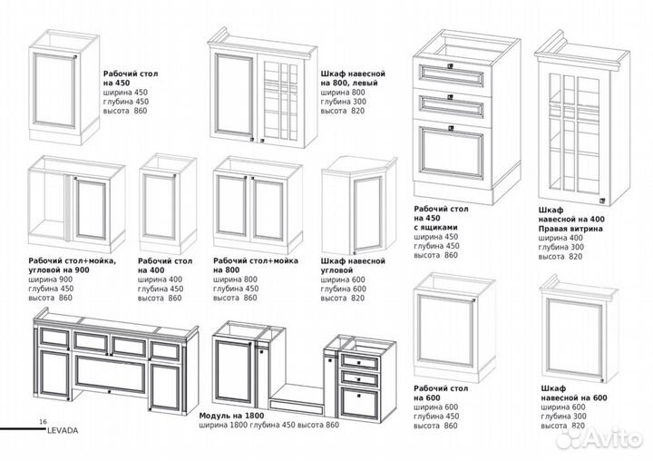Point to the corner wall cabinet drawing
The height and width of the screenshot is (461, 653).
tap(358, 206)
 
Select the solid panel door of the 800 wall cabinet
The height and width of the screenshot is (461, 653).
tap(236, 95)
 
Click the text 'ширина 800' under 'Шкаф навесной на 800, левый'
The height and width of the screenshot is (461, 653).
tap(341, 93)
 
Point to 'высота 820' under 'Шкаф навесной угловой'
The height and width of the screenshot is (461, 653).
tap(342, 299)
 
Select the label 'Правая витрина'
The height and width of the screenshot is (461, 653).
tap(570, 229)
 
